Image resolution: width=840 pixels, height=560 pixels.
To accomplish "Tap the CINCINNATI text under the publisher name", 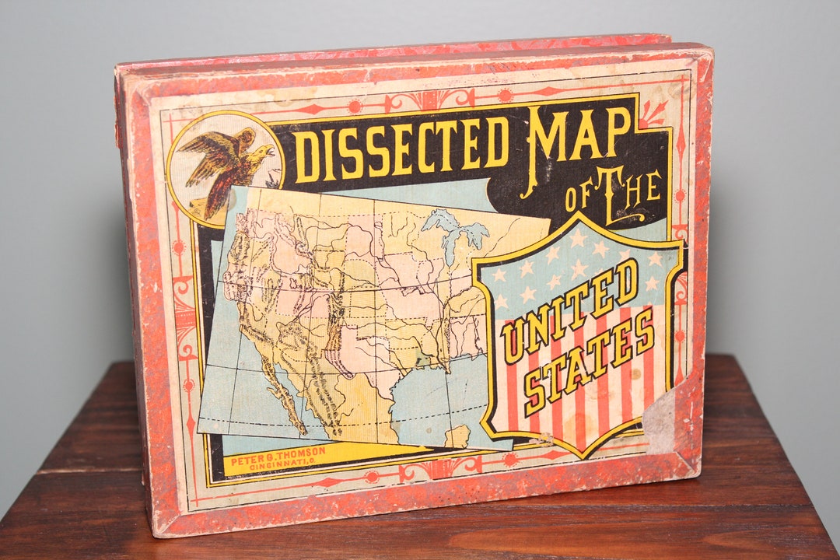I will (x=280, y=464).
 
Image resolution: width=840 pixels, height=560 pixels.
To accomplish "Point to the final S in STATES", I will (x=644, y=327).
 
